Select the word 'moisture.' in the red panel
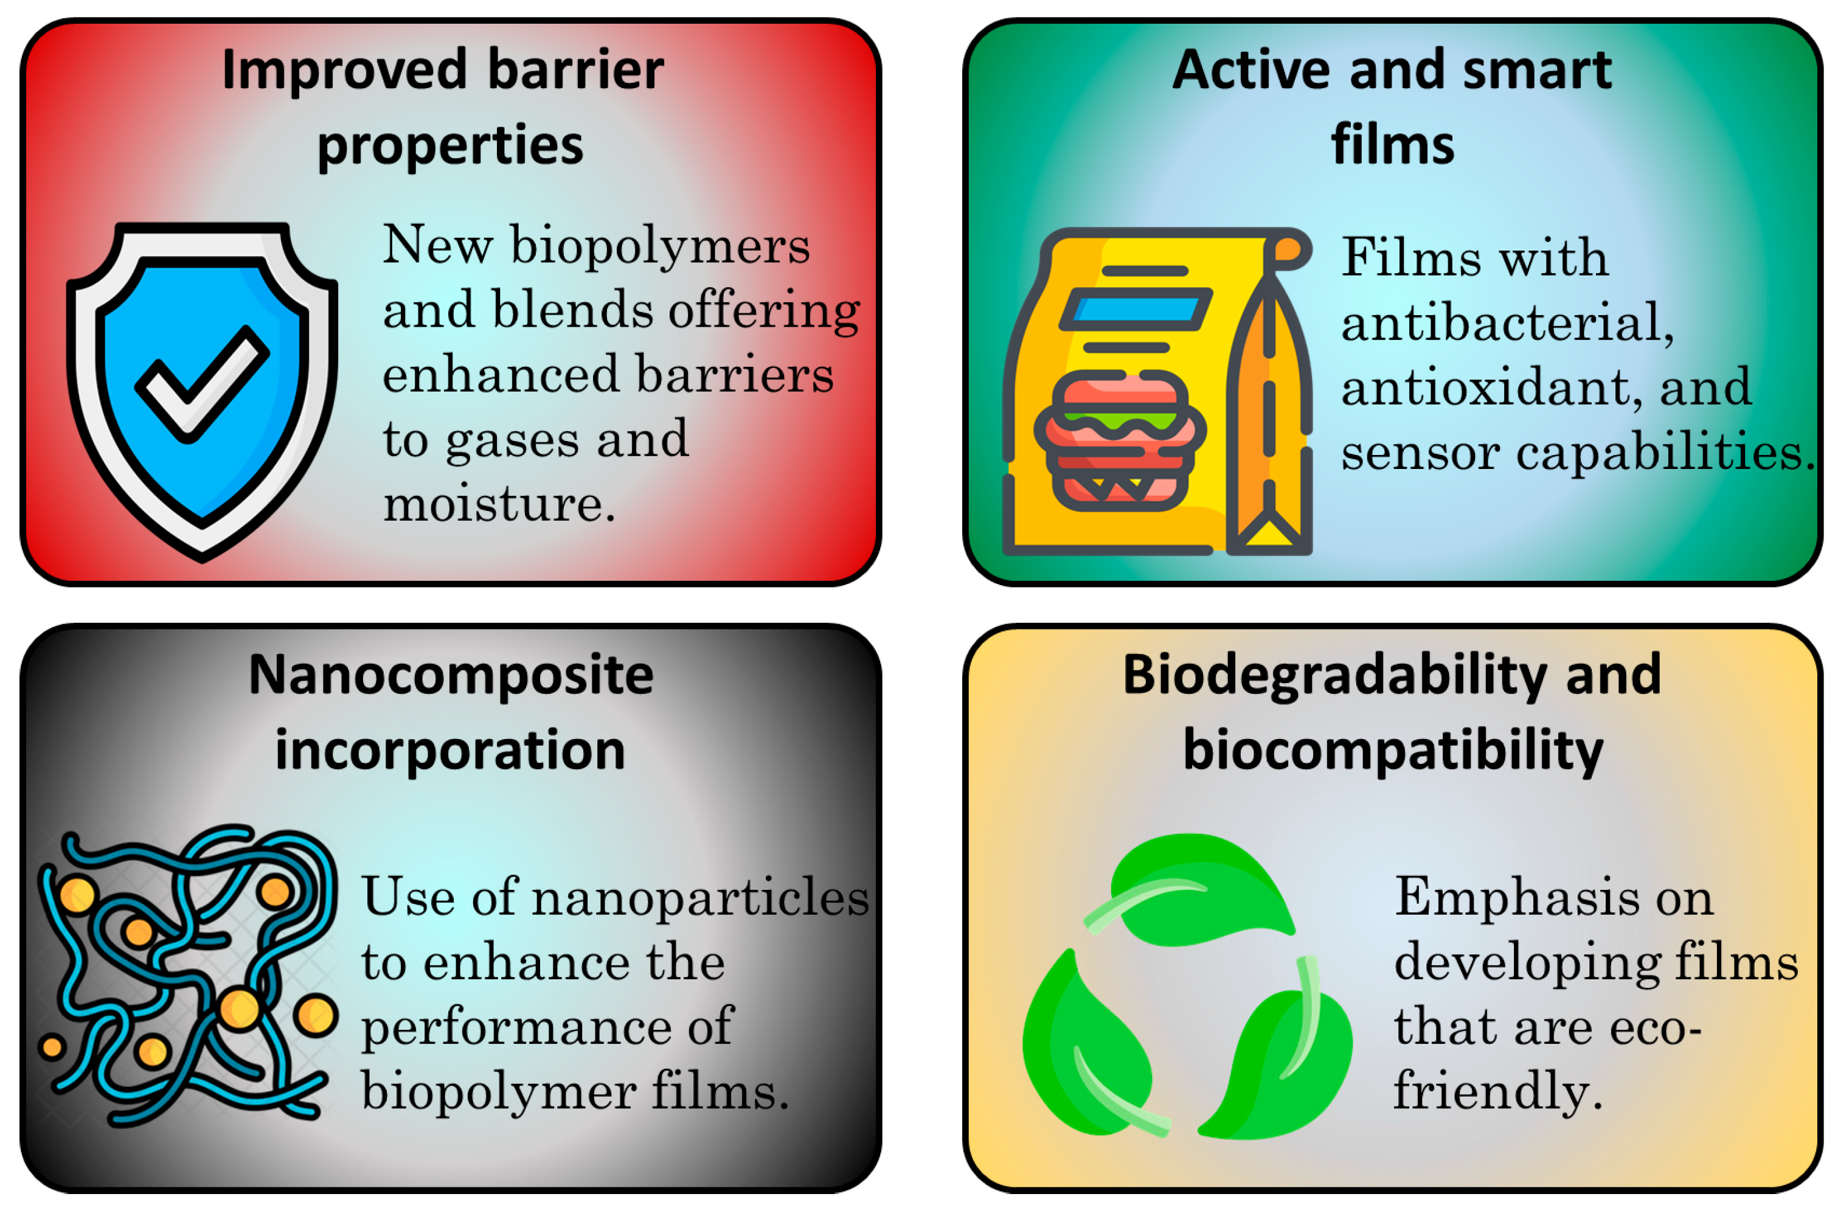pos(499,504)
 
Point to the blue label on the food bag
pos(1136,309)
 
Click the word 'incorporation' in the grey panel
pos(450,751)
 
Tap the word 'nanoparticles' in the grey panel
pos(700,897)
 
